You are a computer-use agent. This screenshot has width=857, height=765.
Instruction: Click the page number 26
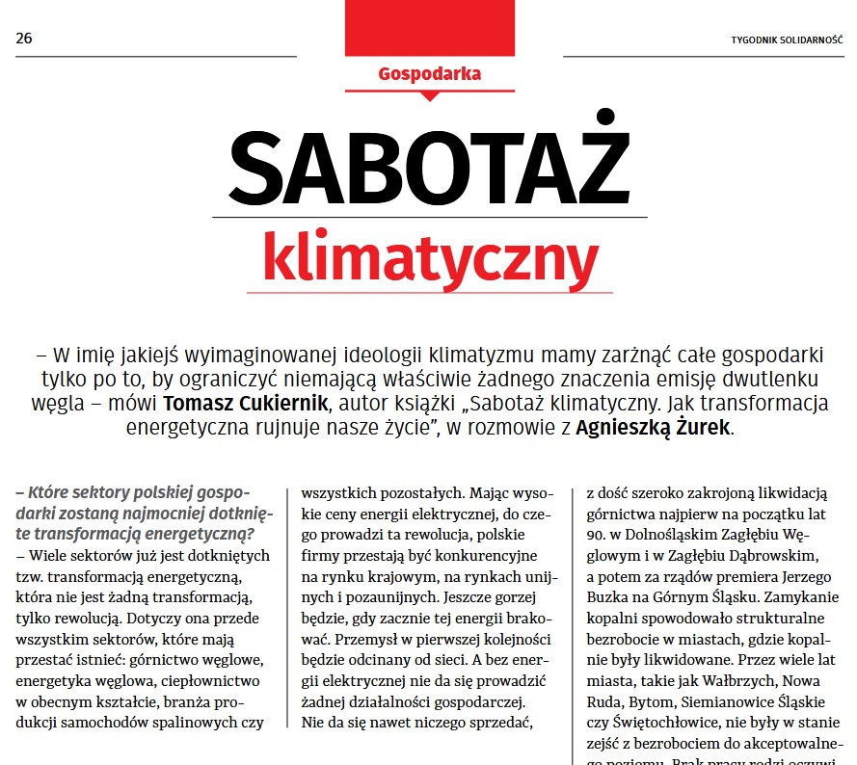(24, 40)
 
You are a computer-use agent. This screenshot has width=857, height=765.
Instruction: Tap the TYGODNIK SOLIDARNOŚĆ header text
(787, 40)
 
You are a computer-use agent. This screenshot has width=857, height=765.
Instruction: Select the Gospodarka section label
(430, 73)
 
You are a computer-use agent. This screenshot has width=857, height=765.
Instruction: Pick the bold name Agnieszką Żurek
(654, 428)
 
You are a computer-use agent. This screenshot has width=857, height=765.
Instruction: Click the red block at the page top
(430, 27)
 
